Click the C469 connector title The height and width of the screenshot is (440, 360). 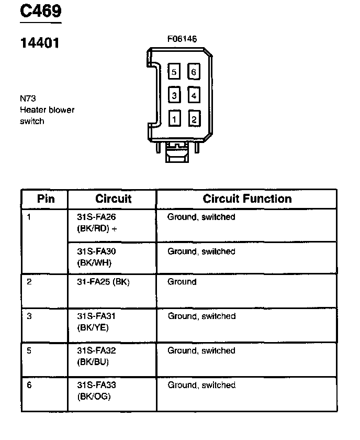pyautogui.click(x=40, y=12)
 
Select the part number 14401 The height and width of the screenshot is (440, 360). pyautogui.click(x=40, y=43)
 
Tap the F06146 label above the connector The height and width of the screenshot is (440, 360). pyautogui.click(x=182, y=39)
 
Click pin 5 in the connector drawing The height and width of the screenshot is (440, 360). pyautogui.click(x=174, y=72)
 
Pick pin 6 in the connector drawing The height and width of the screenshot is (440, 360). pyautogui.click(x=194, y=72)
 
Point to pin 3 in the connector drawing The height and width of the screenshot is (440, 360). pyautogui.click(x=174, y=95)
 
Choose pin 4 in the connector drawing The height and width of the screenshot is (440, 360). pyautogui.click(x=194, y=95)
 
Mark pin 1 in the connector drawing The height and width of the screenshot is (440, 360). pyautogui.click(x=174, y=119)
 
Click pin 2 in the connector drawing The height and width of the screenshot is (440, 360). pyautogui.click(x=194, y=119)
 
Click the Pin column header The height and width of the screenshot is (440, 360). pyautogui.click(x=46, y=199)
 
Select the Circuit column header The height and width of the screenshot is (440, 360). pyautogui.click(x=113, y=199)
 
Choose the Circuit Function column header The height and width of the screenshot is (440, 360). pyautogui.click(x=247, y=199)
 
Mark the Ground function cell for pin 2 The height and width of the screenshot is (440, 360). pyautogui.click(x=182, y=282)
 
